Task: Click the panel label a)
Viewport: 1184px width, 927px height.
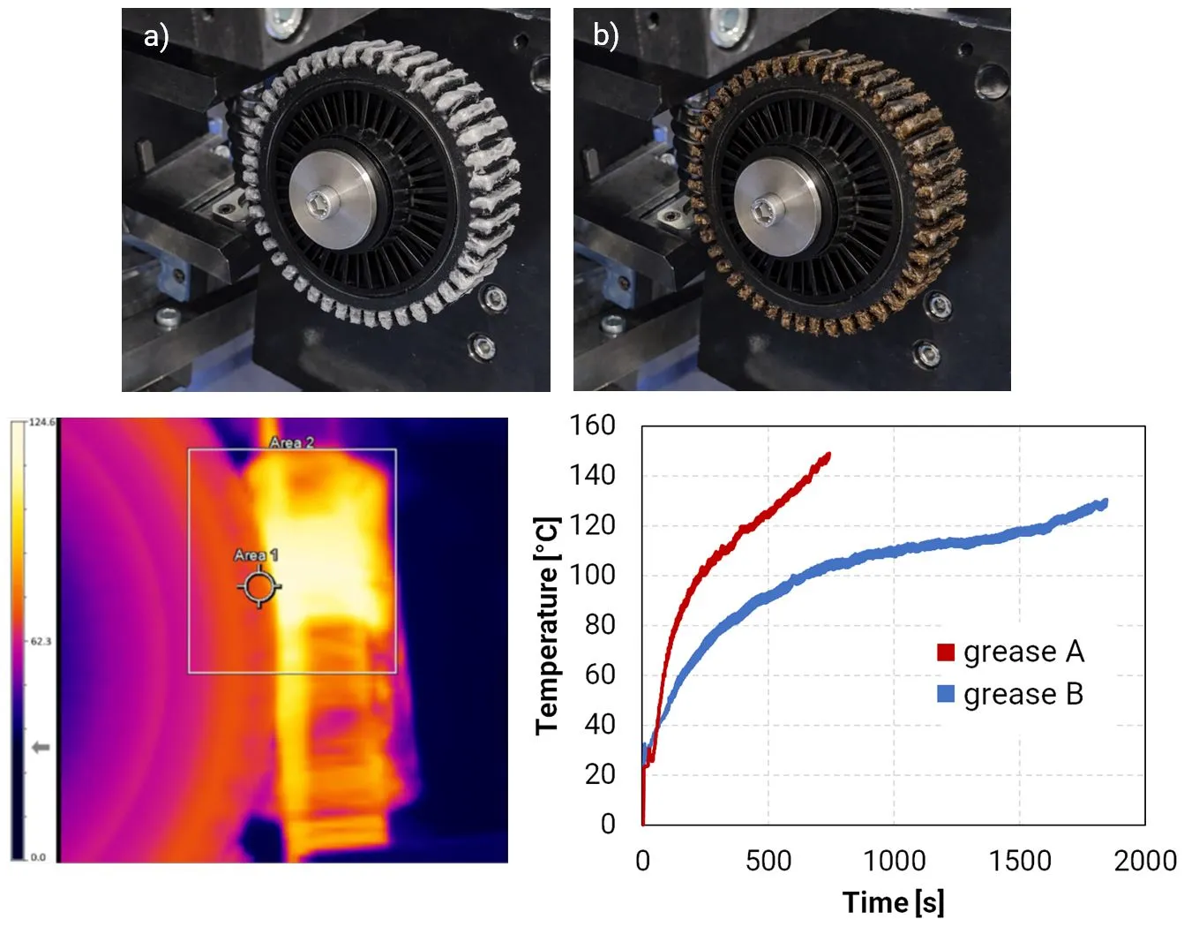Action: (x=155, y=37)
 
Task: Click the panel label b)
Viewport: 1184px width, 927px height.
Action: (x=605, y=36)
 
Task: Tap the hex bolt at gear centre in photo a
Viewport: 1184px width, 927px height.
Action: (x=318, y=206)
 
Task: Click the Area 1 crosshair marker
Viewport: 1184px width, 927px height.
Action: (x=259, y=587)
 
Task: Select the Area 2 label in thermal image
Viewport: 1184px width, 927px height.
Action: (x=291, y=442)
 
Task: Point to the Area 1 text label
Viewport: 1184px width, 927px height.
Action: (x=256, y=555)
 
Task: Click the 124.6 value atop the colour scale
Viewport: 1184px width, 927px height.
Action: (x=41, y=422)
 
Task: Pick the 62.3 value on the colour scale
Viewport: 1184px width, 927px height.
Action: (x=41, y=641)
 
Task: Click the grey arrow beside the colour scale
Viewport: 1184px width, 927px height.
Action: (x=41, y=748)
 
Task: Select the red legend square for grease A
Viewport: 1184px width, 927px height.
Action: (x=946, y=652)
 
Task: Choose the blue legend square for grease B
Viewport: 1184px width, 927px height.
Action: (x=946, y=694)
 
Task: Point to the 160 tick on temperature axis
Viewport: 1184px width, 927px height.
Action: (x=592, y=426)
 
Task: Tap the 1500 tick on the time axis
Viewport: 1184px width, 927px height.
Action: (x=1020, y=861)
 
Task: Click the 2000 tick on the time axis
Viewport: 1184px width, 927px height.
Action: (x=1145, y=861)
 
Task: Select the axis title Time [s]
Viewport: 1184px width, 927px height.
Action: (x=893, y=902)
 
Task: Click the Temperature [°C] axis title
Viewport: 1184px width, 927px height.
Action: (x=547, y=625)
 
